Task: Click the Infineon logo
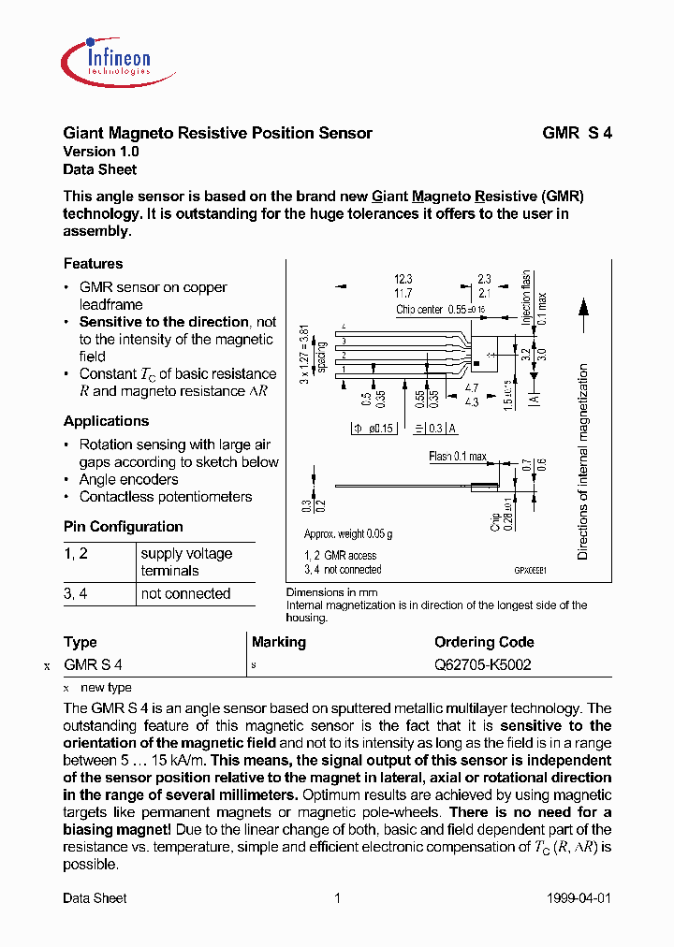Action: (107, 57)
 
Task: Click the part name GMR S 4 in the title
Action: (577, 133)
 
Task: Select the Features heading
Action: (93, 264)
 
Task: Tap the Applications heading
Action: (106, 421)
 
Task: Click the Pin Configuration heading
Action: (123, 527)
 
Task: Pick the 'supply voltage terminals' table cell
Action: (186, 562)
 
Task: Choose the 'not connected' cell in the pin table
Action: (185, 594)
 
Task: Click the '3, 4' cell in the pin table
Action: (75, 594)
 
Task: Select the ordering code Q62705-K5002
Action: (483, 665)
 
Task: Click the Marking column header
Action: (279, 642)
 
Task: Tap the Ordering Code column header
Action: (484, 642)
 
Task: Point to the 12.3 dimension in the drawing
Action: (403, 279)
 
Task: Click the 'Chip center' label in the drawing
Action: (418, 309)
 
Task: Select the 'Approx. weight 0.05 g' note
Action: (348, 533)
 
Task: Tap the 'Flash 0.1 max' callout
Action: (458, 457)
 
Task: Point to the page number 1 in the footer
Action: (337, 898)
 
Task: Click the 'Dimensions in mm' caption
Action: (332, 592)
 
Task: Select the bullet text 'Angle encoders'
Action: (128, 479)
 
